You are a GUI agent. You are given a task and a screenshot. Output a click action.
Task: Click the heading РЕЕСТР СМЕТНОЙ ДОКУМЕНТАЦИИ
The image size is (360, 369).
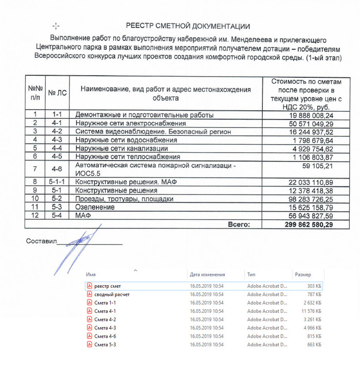pos(188,26)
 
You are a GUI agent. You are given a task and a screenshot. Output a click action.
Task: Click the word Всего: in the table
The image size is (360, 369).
pos(239,224)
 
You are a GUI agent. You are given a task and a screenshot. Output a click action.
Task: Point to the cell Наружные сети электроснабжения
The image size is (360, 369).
pos(130,124)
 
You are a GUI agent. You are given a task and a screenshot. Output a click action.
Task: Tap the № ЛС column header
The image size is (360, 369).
pos(57,93)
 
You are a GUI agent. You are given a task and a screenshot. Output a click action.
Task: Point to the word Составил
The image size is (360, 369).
pos(41,241)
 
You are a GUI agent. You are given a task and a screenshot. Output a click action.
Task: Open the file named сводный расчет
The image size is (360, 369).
pos(112,294)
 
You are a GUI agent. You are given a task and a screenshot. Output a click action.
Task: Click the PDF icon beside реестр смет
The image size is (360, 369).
pos(89,286)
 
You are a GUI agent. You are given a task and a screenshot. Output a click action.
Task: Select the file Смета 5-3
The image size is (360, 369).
pos(105,344)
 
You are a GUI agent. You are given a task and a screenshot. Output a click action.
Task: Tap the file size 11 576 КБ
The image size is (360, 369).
pos(311,311)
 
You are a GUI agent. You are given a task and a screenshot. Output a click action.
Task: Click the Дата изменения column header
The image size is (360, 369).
pos(207,275)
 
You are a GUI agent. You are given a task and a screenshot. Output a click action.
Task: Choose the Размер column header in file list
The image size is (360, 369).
pos(302,275)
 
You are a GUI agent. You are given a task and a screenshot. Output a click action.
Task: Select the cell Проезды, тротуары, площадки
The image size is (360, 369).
pos(124,199)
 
